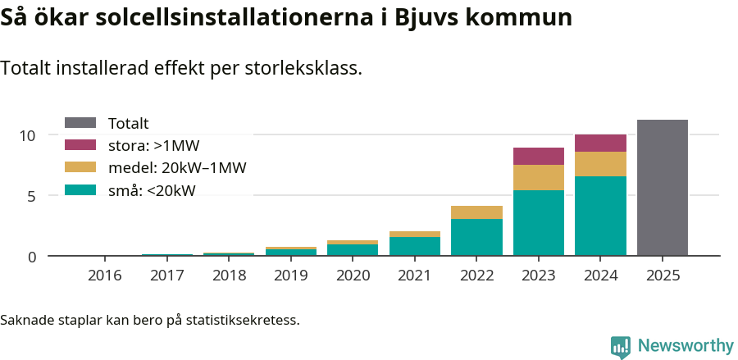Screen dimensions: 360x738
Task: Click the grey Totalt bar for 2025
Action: click(662, 188)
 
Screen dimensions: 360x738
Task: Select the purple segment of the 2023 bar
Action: click(539, 157)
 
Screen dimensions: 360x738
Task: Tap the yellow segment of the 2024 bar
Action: click(600, 164)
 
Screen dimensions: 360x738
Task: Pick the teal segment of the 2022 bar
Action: click(476, 237)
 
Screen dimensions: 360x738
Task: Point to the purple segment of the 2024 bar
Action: click(600, 143)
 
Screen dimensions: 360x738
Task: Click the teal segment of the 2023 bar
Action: click(539, 222)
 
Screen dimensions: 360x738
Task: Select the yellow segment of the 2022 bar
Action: click(476, 212)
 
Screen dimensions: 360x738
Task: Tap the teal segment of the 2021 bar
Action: click(415, 246)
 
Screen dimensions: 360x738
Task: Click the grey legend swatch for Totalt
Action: click(80, 123)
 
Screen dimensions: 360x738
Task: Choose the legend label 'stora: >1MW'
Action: click(153, 146)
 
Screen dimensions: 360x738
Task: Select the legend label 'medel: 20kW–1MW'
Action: click(177, 168)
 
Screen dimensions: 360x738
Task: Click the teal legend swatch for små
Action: click(80, 190)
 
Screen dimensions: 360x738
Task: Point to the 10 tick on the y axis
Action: click(29, 135)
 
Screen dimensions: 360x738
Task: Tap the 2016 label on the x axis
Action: click(105, 276)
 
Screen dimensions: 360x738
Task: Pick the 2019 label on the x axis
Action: click(291, 276)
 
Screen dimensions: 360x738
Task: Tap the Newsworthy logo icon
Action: click(621, 346)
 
